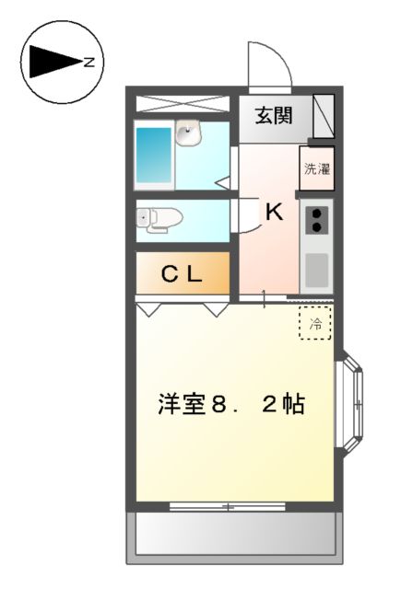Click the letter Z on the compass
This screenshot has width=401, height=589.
pyautogui.click(x=89, y=63)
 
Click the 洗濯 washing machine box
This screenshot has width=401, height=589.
pyautogui.click(x=317, y=169)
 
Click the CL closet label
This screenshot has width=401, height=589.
pyautogui.click(x=183, y=273)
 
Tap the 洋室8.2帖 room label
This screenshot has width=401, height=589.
pyautogui.click(x=231, y=404)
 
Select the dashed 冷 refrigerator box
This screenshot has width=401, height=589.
pyautogui.click(x=315, y=323)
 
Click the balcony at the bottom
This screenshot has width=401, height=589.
pyautogui.click(x=234, y=534)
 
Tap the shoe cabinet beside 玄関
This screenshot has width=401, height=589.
pyautogui.click(x=323, y=116)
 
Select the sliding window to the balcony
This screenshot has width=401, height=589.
pyautogui.click(x=227, y=506)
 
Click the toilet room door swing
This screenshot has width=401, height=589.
pyautogui.click(x=247, y=216)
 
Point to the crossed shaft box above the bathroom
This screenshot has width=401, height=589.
pyautogui.click(x=183, y=103)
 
